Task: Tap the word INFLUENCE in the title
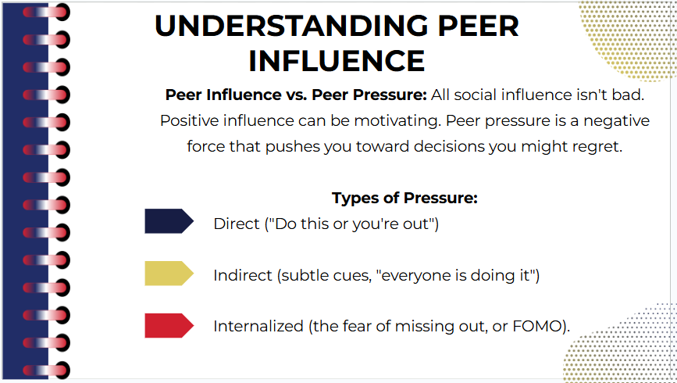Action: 337,61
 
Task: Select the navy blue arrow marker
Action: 169,221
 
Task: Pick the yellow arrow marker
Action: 169,274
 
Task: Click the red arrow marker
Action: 169,325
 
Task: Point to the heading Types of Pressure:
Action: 404,198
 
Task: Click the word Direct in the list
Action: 237,224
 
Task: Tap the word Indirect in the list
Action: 243,275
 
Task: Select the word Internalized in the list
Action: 258,326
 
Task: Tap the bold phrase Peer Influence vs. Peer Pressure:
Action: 296,95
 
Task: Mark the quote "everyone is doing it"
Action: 455,275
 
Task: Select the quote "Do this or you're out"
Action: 352,224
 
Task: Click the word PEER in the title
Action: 479,26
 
